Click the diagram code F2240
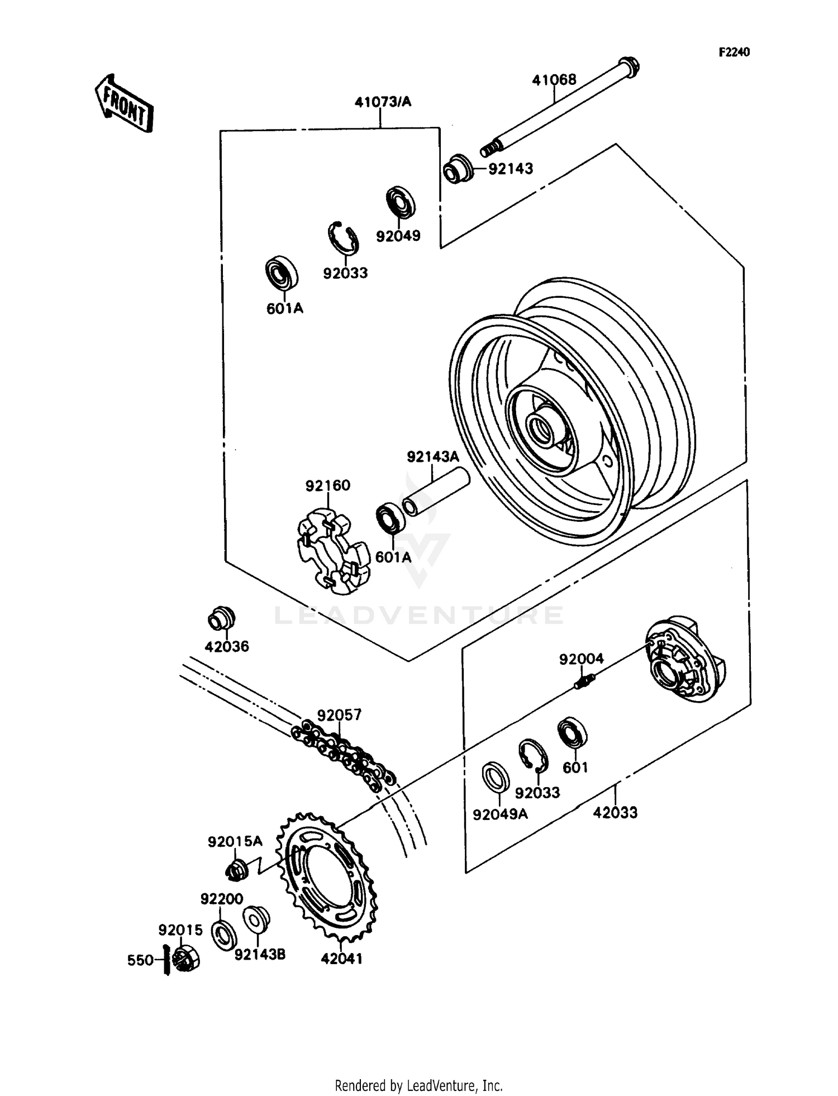coord(734,53)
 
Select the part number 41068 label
coord(554,80)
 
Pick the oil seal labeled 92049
coord(401,202)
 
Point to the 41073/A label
coord(383,102)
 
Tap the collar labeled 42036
coord(221,618)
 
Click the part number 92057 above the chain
coord(339,715)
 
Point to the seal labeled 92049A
coord(496,776)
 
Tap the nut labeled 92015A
coord(237,870)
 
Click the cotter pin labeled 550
coord(166,959)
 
